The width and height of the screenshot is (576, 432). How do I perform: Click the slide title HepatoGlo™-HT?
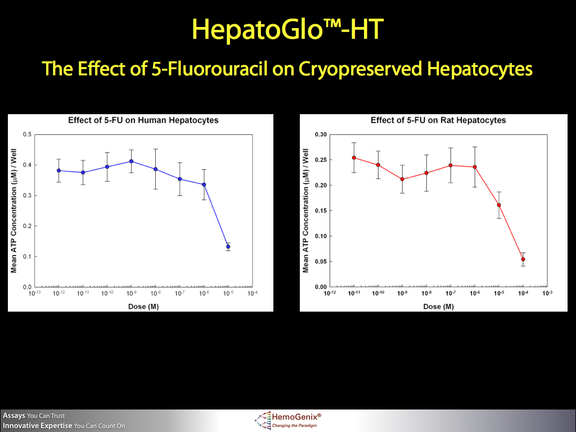pyautogui.click(x=287, y=29)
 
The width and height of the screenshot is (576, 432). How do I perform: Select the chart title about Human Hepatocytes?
pyautogui.click(x=143, y=120)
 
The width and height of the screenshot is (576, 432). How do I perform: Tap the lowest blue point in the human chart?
pyautogui.click(x=228, y=246)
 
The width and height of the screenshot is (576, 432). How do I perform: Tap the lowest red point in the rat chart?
pyautogui.click(x=523, y=259)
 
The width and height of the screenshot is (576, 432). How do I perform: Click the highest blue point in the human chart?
pyautogui.click(x=131, y=161)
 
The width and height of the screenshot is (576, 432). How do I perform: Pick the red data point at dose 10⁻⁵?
pyautogui.click(x=499, y=205)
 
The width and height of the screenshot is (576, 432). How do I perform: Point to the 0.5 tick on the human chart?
pyautogui.click(x=27, y=134)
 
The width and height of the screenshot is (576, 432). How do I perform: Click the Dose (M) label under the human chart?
pyautogui.click(x=142, y=306)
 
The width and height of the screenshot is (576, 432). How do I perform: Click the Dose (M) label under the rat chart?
pyautogui.click(x=438, y=306)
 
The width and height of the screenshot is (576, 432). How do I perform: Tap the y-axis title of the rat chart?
pyautogui.click(x=306, y=210)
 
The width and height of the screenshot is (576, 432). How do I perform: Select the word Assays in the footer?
pyautogui.click(x=14, y=416)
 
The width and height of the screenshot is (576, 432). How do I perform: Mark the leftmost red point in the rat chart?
pyautogui.click(x=354, y=157)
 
